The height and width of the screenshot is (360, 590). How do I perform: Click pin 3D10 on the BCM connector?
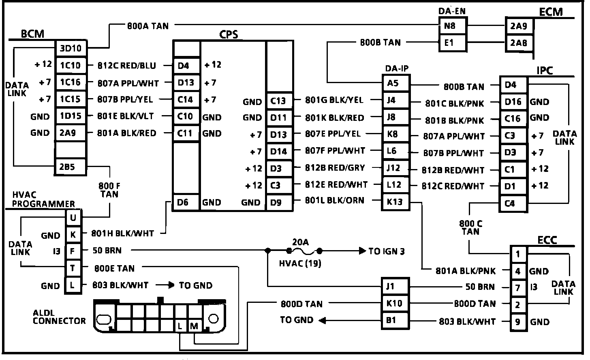[x=71, y=49]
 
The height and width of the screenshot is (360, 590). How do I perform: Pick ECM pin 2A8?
[x=519, y=43]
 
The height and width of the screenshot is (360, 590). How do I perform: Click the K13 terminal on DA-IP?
[x=394, y=201]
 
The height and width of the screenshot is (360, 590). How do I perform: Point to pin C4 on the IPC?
[x=510, y=203]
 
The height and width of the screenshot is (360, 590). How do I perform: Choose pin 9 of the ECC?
[x=517, y=322]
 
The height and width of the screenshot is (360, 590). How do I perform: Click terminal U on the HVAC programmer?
[x=73, y=218]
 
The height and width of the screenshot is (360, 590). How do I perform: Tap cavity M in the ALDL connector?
[x=194, y=326]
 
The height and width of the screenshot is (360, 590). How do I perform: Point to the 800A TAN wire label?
[x=148, y=26]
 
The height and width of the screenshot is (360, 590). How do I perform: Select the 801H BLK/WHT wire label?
[x=122, y=234]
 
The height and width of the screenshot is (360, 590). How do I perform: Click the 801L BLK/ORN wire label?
[x=334, y=200]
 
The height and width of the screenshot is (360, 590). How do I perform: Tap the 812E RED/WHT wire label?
[x=336, y=185]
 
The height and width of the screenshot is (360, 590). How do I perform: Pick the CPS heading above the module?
[x=229, y=34]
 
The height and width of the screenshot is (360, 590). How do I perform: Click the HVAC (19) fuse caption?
[x=300, y=264]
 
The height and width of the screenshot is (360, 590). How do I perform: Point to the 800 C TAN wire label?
[x=470, y=227]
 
